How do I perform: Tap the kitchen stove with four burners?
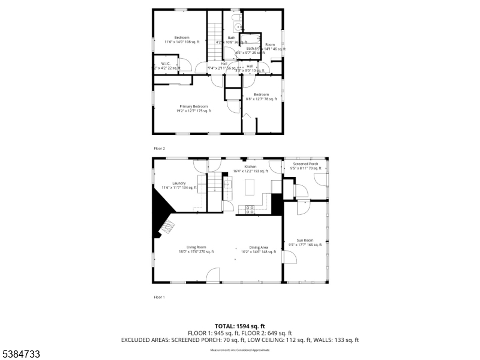click(249, 209)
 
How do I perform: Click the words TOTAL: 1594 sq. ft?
click(240, 326)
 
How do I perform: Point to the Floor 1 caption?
click(159, 297)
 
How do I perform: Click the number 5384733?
click(20, 355)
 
